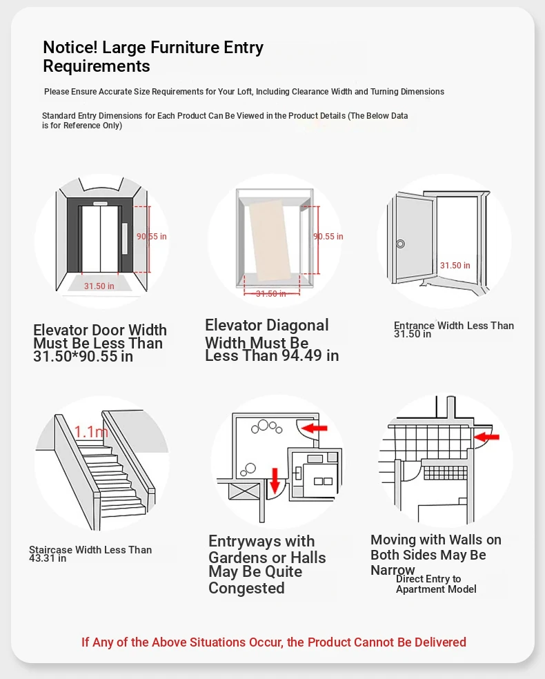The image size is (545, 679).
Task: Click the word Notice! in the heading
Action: pos(70,48)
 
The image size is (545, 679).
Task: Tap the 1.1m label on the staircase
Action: pos(92,432)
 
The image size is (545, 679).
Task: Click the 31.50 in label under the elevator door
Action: pos(99,286)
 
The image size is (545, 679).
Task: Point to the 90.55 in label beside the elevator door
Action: pos(152,237)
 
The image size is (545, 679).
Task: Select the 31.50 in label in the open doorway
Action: pos(455,266)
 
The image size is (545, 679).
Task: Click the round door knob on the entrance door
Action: pos(400,244)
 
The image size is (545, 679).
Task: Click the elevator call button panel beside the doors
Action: pos(125,238)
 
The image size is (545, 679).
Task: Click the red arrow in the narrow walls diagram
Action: pos(488,436)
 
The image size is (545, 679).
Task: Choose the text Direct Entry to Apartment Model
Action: pos(435,584)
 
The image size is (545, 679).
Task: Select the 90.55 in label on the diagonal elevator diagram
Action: pos(328,237)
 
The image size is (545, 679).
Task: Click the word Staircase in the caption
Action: pos(52,550)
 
